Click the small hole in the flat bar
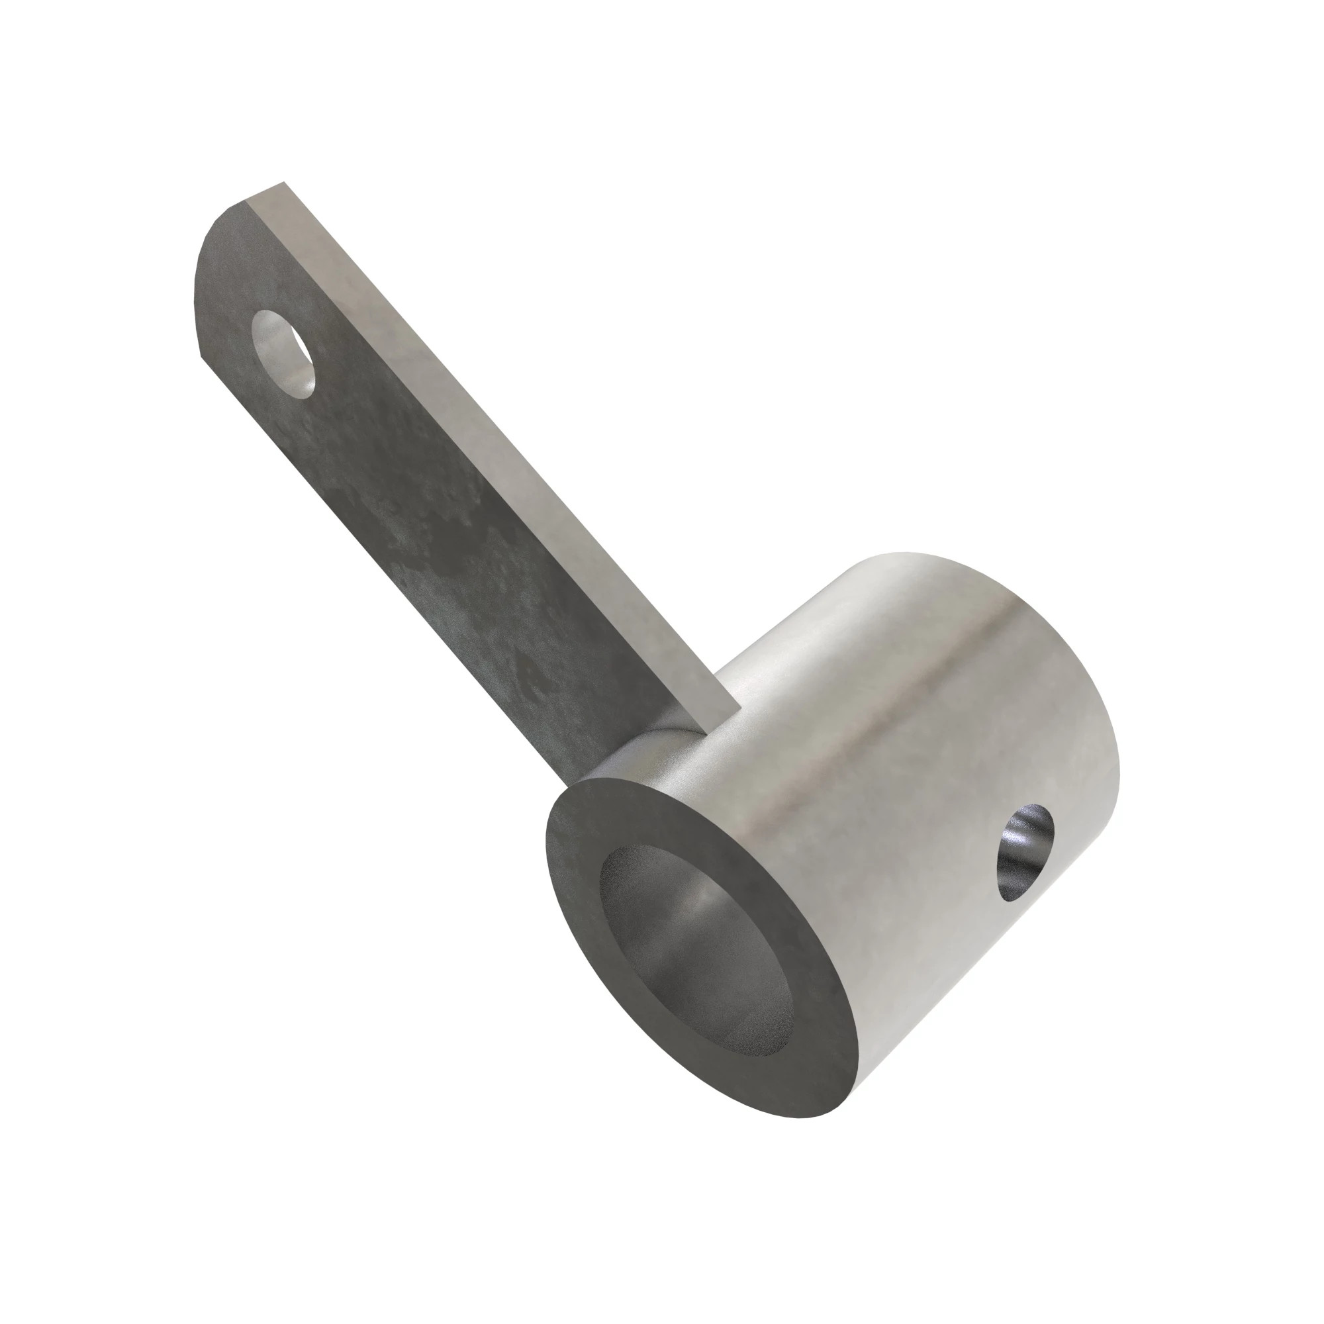tap(283, 352)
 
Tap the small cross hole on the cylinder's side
tap(1025, 853)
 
